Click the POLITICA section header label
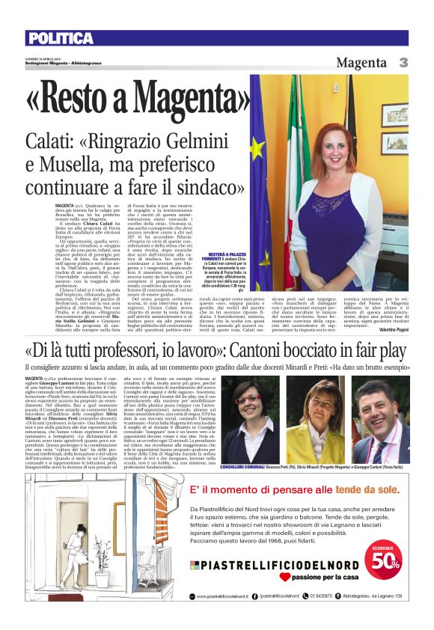pos(59,38)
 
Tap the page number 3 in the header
pos(403,63)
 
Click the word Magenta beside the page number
pos(361,63)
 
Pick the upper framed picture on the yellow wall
pos(395,115)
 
